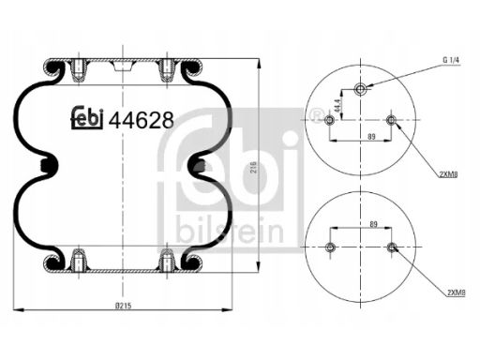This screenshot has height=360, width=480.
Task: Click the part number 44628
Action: [x=141, y=120]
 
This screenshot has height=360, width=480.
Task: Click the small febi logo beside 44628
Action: [x=87, y=117]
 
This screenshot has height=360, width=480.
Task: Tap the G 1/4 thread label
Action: [x=452, y=60]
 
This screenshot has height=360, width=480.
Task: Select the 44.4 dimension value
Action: [x=337, y=106]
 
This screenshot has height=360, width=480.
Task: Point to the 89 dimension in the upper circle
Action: [x=371, y=136]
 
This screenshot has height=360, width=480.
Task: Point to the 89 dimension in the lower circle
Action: [x=373, y=224]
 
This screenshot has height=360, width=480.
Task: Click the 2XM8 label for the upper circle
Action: [x=448, y=175]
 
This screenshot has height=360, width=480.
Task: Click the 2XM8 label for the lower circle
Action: [x=457, y=292]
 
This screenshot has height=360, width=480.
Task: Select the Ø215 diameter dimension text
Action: [x=124, y=306]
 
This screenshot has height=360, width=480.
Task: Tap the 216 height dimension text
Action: [x=253, y=168]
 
